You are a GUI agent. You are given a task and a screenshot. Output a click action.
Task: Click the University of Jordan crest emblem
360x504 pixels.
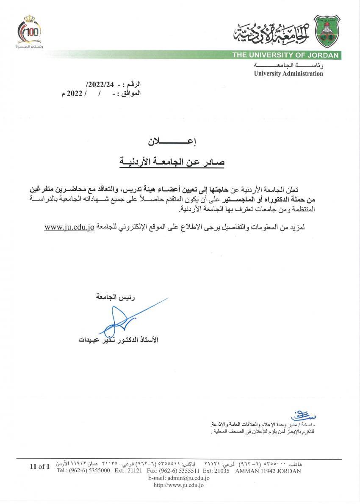(x=327, y=33)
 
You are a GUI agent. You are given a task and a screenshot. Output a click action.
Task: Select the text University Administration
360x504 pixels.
(x=288, y=74)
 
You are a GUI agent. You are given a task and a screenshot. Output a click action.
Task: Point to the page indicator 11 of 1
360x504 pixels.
(x=40, y=467)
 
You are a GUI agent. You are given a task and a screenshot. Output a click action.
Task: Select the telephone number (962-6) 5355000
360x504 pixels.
(x=89, y=471)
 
